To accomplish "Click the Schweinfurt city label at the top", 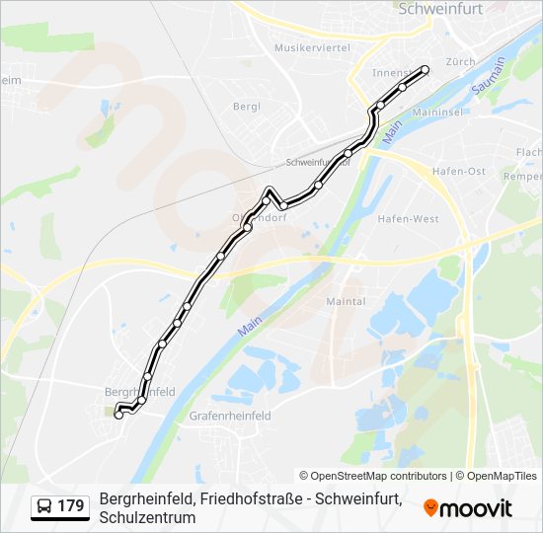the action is coord(439,8).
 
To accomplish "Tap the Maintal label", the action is coord(346,301).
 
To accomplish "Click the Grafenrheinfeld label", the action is coord(230,417).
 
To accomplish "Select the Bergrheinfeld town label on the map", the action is coord(139,392).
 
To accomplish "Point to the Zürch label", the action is coord(461,61).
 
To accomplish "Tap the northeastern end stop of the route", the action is coord(426,69).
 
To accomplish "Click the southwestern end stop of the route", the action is coord(118,416).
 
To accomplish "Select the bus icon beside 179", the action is coord(44,507).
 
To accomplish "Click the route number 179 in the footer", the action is coord(71,507).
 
